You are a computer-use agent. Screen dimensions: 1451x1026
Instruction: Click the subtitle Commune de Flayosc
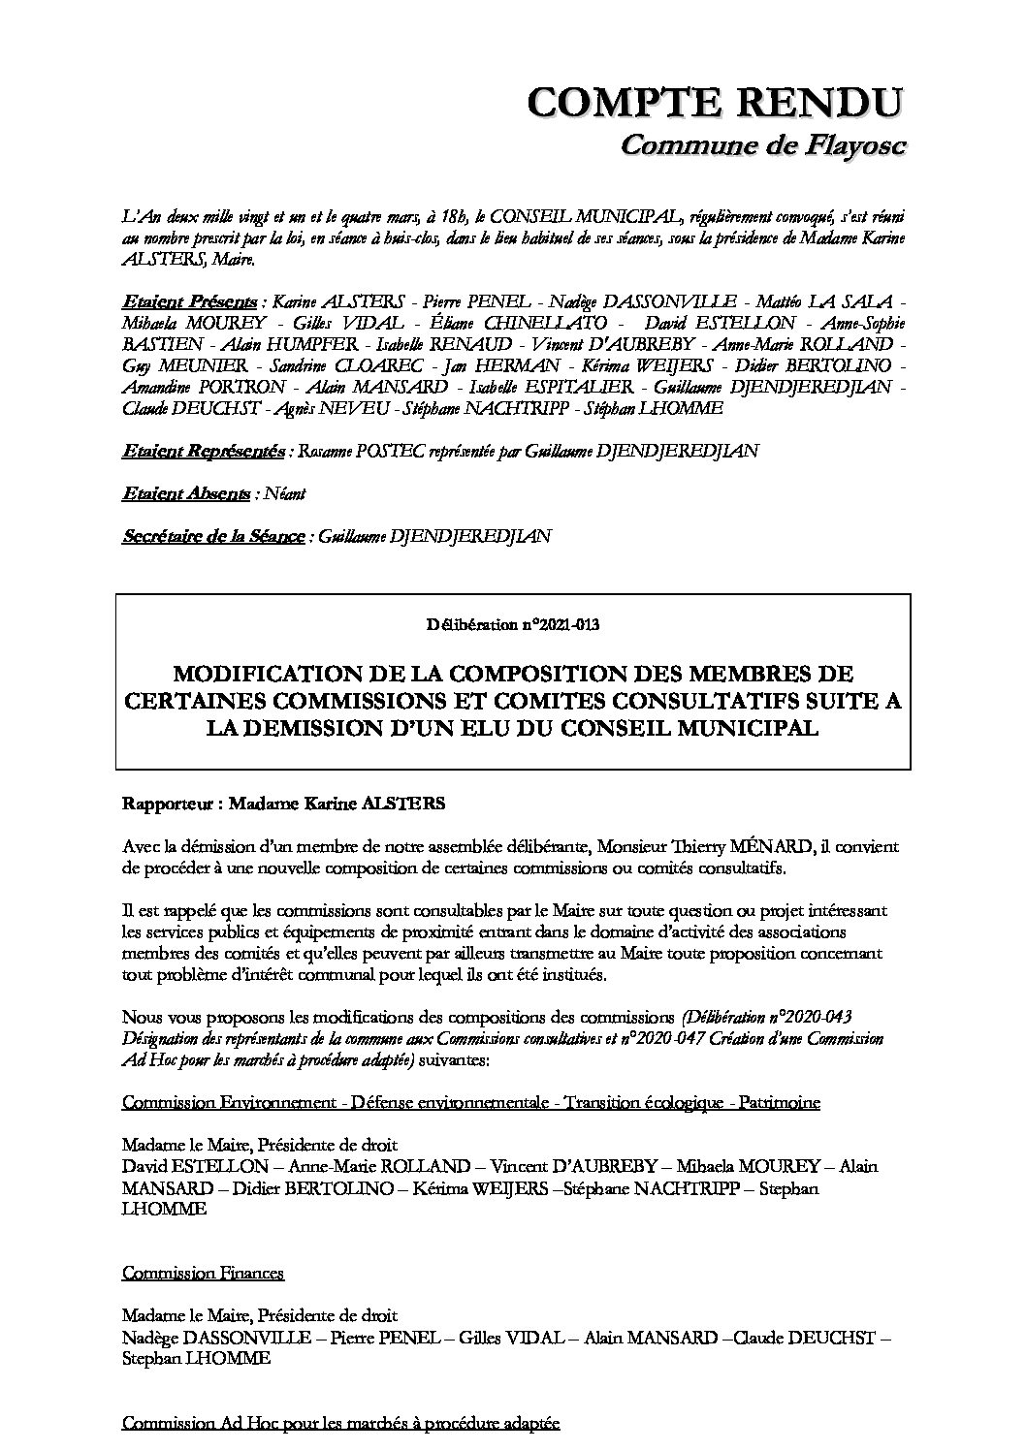click(x=762, y=145)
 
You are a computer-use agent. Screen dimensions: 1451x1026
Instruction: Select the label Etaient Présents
click(x=190, y=300)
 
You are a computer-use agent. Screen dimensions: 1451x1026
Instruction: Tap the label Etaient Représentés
click(x=204, y=451)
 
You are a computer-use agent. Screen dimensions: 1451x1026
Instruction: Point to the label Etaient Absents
click(x=185, y=493)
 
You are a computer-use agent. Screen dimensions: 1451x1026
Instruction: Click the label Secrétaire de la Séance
click(x=213, y=536)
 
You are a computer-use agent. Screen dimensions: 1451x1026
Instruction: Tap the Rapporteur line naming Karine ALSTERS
click(x=257, y=804)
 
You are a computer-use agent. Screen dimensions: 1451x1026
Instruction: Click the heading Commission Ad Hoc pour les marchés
click(x=340, y=1423)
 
